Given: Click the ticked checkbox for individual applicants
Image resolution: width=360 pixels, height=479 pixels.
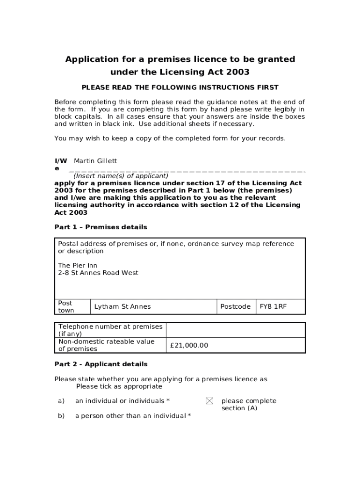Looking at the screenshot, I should pos(209,401).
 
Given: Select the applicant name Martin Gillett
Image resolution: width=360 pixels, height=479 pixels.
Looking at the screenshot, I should pos(95,161).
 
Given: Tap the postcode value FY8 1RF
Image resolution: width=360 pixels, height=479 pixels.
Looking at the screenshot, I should pos(273,307).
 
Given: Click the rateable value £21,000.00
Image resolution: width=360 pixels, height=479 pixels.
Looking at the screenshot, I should pos(189,346).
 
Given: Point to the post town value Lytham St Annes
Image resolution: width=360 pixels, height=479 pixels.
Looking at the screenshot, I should pos(122,307).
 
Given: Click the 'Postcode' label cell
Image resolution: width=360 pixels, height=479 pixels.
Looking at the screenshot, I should pos(235,307).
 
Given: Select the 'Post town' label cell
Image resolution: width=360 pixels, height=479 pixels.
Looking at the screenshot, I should pos(66,307).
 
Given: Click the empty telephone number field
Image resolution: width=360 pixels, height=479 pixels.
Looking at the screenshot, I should pos(235,330).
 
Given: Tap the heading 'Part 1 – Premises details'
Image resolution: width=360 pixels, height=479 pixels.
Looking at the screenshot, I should pos(101,227).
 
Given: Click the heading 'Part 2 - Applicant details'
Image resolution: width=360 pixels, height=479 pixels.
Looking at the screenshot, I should pos(101,364).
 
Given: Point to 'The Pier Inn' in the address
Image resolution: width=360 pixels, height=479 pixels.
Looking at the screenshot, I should pos(78,266).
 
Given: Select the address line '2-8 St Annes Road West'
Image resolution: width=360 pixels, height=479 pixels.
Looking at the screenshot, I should pos(98,273).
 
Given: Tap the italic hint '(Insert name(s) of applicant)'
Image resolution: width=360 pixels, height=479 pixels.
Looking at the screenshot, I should pos(121,176).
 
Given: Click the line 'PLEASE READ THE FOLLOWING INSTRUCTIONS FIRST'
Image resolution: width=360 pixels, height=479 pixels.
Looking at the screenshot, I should pos(180,87).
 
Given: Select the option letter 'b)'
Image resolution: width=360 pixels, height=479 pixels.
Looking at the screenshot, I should pos(61,416).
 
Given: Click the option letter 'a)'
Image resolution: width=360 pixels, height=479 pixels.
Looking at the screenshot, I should pos(61,401).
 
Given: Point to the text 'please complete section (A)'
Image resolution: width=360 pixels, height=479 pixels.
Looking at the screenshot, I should pos(249,405).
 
